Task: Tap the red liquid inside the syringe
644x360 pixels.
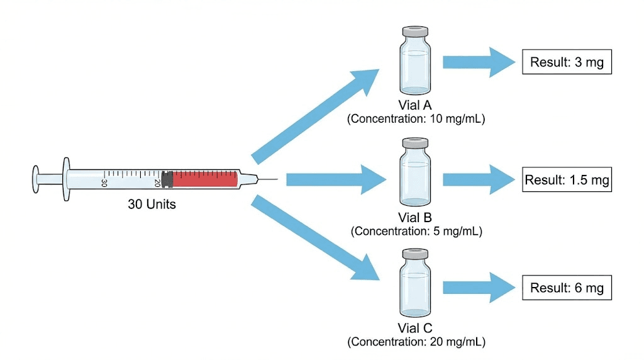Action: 204,179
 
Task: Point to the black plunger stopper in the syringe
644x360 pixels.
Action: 167,179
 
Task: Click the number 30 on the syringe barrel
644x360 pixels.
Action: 104,183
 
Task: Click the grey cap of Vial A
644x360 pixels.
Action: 415,31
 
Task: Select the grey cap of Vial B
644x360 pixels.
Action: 416,143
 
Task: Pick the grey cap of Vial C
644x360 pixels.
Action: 416,254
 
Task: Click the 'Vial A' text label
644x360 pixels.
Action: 416,106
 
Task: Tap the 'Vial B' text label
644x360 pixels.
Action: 416,218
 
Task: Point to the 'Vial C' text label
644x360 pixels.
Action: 416,329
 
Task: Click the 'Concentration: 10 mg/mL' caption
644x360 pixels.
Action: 416,119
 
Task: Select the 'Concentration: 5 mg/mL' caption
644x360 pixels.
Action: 416,231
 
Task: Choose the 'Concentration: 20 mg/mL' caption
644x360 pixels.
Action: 416,342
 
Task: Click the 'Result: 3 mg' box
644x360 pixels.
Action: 567,62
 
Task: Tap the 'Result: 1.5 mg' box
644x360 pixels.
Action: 567,180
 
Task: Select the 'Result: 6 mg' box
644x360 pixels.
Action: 567,288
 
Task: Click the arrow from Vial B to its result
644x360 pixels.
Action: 478,180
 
